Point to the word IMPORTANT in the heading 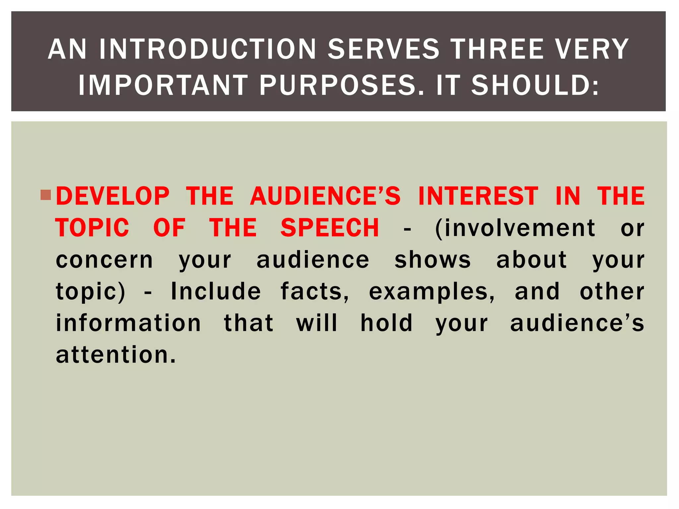pyautogui.click(x=163, y=85)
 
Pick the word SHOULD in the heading pyautogui.click(x=534, y=85)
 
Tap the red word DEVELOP pyautogui.click(x=113, y=196)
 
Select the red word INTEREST pyautogui.click(x=478, y=196)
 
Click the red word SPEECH pyautogui.click(x=330, y=228)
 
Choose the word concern pyautogui.click(x=104, y=260)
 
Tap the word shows pyautogui.click(x=433, y=260)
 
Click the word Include pyautogui.click(x=216, y=292)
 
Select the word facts pyautogui.click(x=315, y=292)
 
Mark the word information pyautogui.click(x=128, y=323)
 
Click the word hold pyautogui.click(x=387, y=323)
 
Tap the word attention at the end pyautogui.click(x=115, y=355)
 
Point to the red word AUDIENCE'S pyautogui.click(x=326, y=196)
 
